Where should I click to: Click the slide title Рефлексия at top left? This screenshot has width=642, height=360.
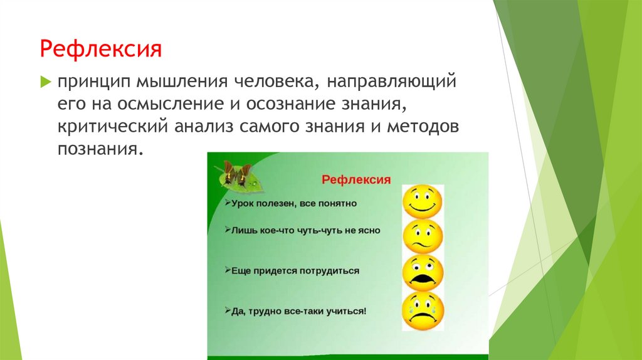pos(101,48)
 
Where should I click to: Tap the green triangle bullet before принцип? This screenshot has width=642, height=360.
pos(45,82)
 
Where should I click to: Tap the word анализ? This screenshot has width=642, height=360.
pos(204,126)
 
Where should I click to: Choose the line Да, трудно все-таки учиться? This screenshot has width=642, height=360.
pos(295,310)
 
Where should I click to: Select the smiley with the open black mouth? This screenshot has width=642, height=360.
pos(423,273)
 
